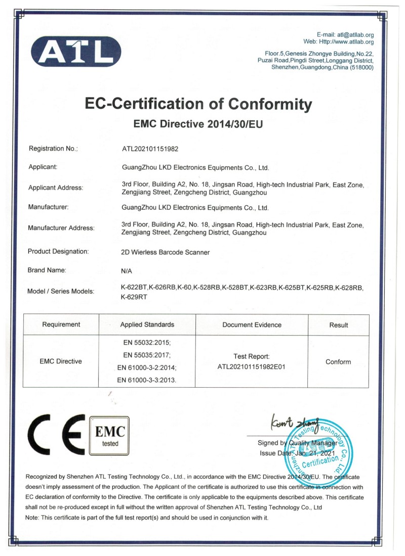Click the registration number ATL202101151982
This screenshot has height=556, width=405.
pos(150,149)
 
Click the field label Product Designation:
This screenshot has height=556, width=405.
pos(58,251)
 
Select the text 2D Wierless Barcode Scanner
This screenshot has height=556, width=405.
pos(166,252)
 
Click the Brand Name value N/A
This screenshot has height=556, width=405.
pos(127,271)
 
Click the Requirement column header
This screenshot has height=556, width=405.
pos(61,325)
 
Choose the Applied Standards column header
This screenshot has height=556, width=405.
pos(147,325)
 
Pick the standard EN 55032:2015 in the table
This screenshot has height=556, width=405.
pos(147,342)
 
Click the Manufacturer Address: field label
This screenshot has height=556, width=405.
pos(61,228)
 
